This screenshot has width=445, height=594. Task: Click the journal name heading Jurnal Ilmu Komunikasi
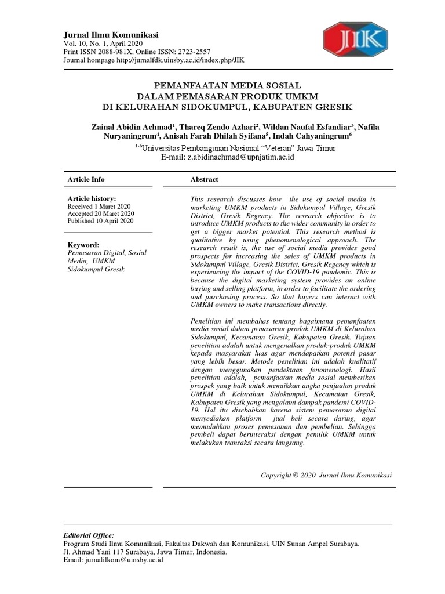pos(110,34)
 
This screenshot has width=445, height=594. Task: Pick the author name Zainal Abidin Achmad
pos(132,127)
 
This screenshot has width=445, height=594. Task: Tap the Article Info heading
pos(86,179)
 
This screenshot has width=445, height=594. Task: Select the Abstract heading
pos(204,179)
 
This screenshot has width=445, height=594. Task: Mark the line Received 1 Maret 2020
pos(99,207)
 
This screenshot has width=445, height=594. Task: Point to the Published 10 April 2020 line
pos(101,221)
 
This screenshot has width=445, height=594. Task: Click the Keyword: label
pos(83,245)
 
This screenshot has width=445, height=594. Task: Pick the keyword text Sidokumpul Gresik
pos(96,269)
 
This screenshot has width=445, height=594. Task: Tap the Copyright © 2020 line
pos(326,475)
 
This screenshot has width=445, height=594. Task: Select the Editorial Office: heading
pos(88,535)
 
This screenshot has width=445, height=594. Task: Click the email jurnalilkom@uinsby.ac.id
pos(123,560)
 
